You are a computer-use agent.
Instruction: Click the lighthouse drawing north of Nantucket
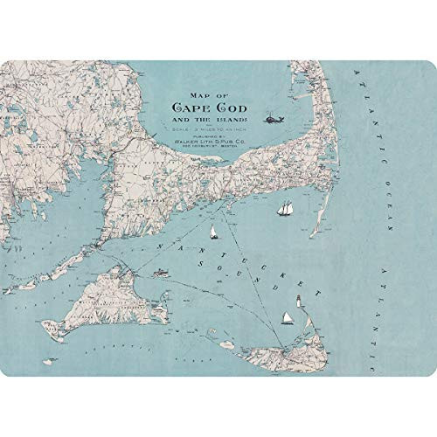coord(300,300)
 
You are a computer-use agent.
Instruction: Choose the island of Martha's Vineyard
coord(105,297)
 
